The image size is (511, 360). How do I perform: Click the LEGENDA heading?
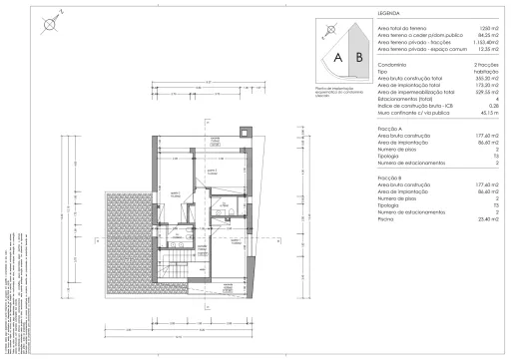[362, 15]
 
